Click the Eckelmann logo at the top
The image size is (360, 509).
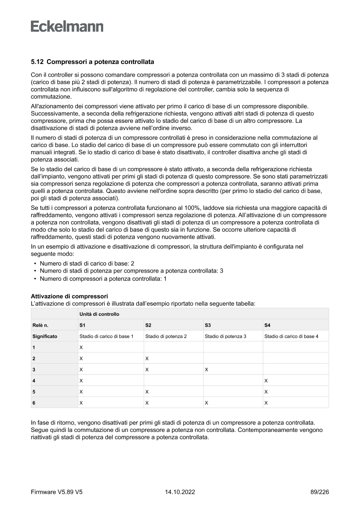click(67, 26)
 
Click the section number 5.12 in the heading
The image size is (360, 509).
click(37, 62)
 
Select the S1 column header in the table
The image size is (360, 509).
click(82, 325)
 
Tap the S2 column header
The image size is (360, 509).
click(148, 325)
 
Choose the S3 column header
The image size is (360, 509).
click(208, 325)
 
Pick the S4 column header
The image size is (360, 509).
click(267, 325)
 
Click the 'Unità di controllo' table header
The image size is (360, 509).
click(99, 314)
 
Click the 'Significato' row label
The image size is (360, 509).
click(45, 336)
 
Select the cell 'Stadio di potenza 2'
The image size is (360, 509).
click(166, 336)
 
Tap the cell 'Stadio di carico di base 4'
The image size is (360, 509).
click(291, 336)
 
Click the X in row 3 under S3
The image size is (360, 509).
click(206, 370)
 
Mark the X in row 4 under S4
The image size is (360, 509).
click(266, 381)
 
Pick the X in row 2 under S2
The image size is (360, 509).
click(147, 358)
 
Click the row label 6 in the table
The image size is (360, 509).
click(34, 403)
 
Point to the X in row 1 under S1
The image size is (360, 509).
click(81, 347)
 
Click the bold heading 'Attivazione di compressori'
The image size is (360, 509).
click(69, 297)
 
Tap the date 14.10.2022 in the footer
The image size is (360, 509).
click(180, 492)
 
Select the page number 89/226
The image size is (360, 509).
click(317, 492)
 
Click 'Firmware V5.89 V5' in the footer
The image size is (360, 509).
click(57, 492)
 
